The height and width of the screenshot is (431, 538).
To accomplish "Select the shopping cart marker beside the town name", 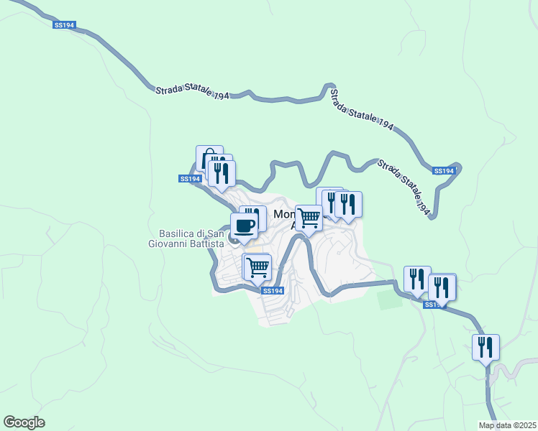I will [309, 218].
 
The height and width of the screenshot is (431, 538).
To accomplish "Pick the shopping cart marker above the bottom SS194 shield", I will [257, 268].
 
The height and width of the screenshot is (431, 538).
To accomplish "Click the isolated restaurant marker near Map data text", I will [485, 348].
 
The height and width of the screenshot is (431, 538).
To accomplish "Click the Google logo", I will [24, 422].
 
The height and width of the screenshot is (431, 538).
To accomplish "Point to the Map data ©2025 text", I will [507, 425].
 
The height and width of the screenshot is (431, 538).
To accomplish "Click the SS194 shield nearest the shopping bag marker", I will [189, 179].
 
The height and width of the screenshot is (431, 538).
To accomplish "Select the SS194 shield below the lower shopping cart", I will [273, 291].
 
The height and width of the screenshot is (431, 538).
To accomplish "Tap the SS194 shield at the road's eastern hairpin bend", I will [444, 171].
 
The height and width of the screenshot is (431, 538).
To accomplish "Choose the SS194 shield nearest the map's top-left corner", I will [63, 25].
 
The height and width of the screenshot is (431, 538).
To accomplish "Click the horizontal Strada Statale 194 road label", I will [192, 93].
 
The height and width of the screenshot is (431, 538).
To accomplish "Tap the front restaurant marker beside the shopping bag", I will [221, 173].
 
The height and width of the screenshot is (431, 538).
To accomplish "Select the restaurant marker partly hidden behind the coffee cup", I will [251, 213].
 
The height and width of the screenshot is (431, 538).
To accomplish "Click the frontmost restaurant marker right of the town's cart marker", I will [348, 205].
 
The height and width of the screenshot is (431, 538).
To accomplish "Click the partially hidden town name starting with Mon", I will [283, 214].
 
